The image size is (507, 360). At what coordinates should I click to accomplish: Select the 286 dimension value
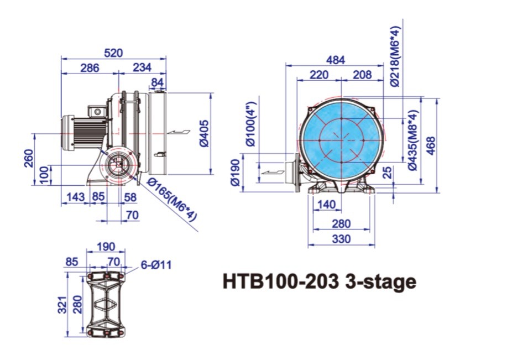tap(90, 67)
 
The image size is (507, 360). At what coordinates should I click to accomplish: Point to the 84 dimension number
tap(158, 82)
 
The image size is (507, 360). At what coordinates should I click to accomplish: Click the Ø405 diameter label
tap(203, 133)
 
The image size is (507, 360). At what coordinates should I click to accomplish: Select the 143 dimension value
tap(76, 196)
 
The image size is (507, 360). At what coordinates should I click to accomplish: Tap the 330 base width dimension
tap(341, 239)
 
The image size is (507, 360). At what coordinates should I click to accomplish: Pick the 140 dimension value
tap(327, 205)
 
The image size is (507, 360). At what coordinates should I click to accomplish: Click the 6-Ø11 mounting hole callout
tap(156, 265)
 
